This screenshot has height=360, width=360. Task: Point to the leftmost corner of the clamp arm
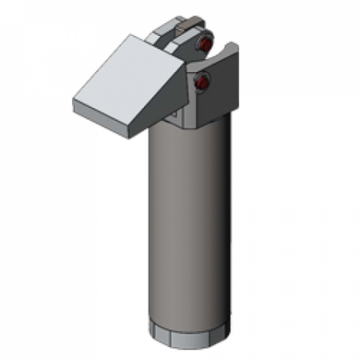click(73, 103)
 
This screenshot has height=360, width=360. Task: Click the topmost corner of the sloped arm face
click(129, 35)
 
